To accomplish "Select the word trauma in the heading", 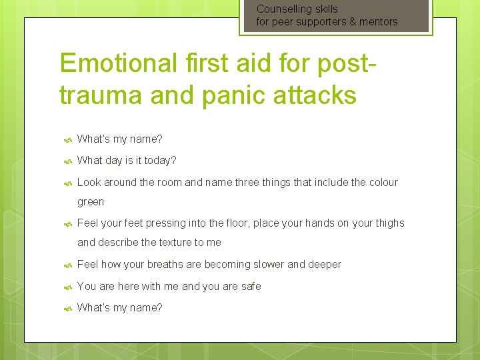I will [x=100, y=95].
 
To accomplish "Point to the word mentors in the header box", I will [x=379, y=21].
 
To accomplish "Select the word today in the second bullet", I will [x=157, y=161].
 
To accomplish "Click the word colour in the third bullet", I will [x=381, y=182].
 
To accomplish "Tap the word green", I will [x=91, y=202].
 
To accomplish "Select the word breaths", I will [x=163, y=265].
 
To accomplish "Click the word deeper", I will [x=325, y=265].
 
